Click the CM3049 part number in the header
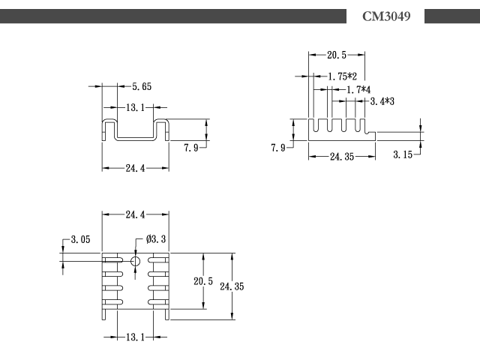(386, 16)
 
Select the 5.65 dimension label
(142, 87)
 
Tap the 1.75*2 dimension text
(342, 76)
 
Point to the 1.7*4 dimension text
(358, 90)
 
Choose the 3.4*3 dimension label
(382, 101)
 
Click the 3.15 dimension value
(403, 154)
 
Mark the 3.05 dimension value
(80, 239)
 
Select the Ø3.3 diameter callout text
(156, 238)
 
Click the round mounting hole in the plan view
(135, 262)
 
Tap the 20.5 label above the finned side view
(337, 55)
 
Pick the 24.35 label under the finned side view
(342, 157)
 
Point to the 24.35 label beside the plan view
(232, 286)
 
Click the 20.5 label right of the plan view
(203, 281)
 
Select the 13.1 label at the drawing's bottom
(135, 337)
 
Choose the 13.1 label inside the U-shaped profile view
(135, 108)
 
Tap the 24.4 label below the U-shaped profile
(135, 168)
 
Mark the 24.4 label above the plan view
(135, 214)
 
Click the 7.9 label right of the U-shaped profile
(191, 148)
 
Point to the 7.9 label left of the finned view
(278, 148)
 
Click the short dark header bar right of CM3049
(452, 16)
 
